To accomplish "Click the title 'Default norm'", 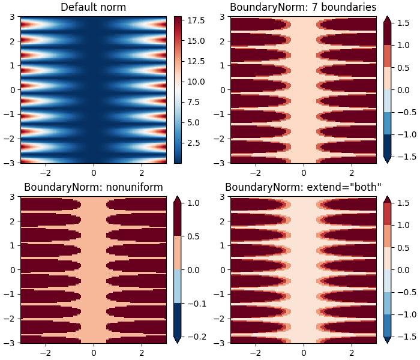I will tap(93, 7).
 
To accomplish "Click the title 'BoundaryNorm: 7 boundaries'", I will tap(303, 7).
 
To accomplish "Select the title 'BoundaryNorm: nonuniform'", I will tap(93, 187).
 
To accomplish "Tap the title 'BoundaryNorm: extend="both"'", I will tap(303, 187).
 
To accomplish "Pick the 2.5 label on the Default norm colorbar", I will tap(193, 143).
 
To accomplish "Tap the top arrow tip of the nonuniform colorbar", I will tap(387, 197).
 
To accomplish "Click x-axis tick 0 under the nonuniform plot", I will tap(94, 353).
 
